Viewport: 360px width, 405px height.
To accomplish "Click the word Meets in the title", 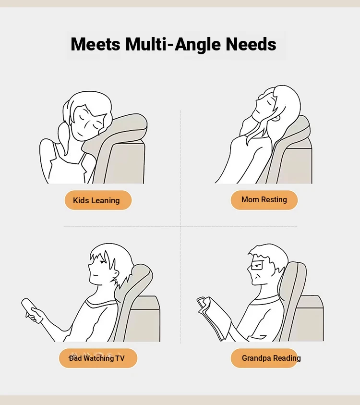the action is (x=96, y=44).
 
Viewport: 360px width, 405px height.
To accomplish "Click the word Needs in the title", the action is (x=251, y=44).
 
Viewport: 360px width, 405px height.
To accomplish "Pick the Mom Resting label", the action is (x=264, y=200).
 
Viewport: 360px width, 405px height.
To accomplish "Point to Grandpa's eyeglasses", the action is (x=258, y=265).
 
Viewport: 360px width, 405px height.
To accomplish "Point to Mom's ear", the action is (x=276, y=118).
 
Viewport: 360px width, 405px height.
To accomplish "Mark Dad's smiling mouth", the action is (x=96, y=274).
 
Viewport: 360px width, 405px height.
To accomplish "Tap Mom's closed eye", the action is (x=270, y=102).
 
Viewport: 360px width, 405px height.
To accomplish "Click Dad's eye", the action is (x=102, y=262).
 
